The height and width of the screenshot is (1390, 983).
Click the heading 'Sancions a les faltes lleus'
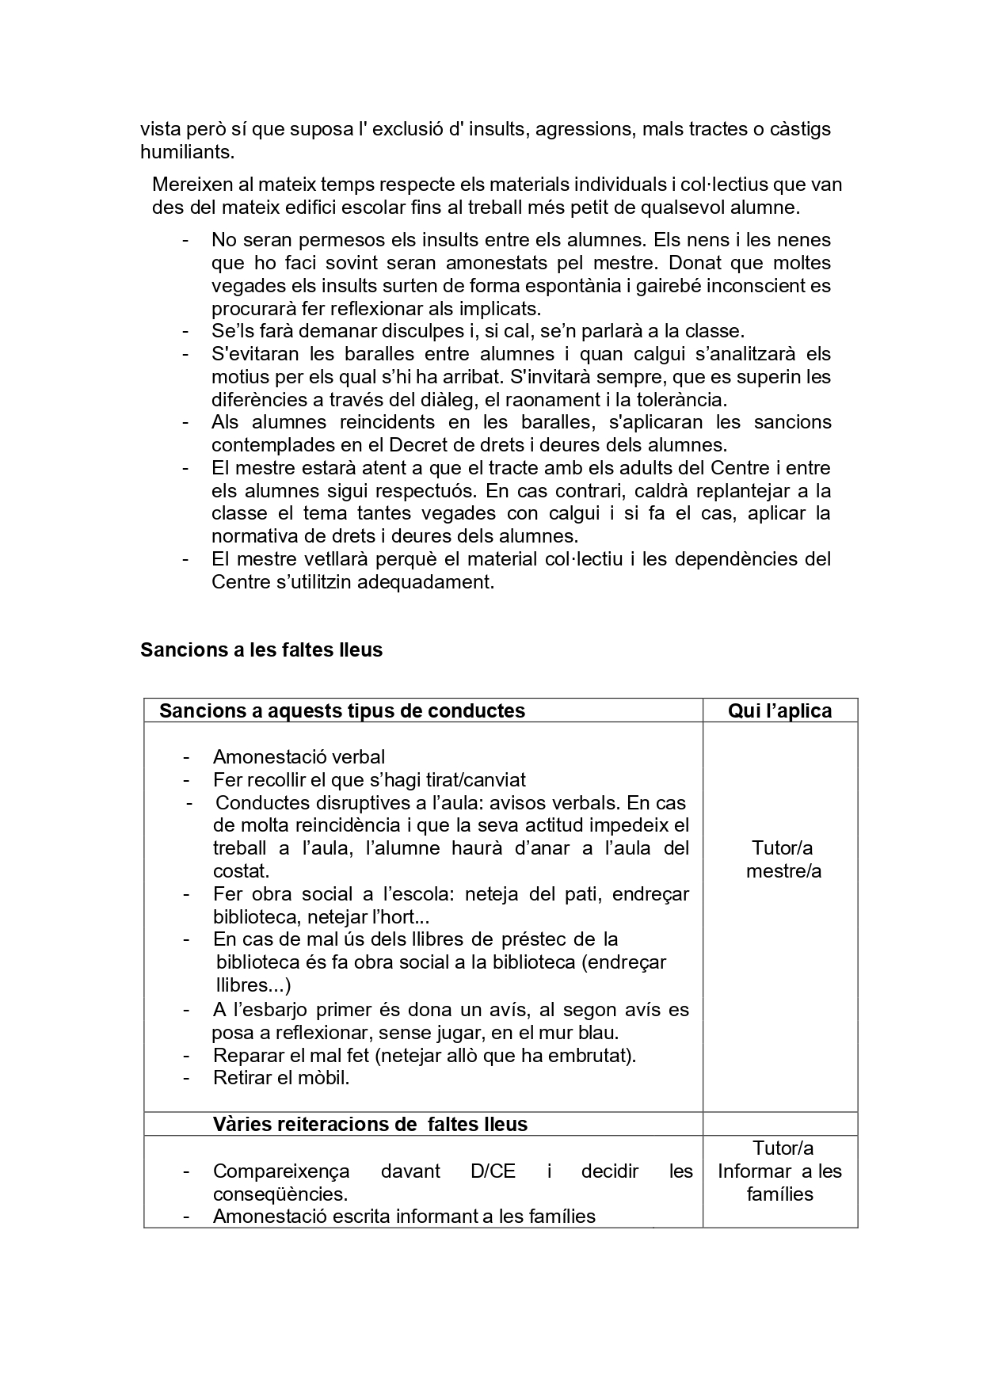pyautogui.click(x=261, y=649)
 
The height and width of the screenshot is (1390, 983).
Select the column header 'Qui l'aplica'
pyautogui.click(x=779, y=710)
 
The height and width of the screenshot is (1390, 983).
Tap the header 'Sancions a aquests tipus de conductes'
pyautogui.click(x=341, y=710)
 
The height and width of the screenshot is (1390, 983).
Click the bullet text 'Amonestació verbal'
pyautogui.click(x=299, y=756)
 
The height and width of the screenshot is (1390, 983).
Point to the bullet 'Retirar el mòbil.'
pyautogui.click(x=281, y=1077)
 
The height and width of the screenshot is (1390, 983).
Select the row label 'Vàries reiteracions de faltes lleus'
pyautogui.click(x=370, y=1123)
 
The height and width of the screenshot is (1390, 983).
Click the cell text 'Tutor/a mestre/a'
pyautogui.click(x=783, y=859)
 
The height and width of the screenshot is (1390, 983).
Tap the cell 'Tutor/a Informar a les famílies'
pyautogui.click(x=779, y=1171)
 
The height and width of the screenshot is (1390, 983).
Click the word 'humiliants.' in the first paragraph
pyautogui.click(x=187, y=151)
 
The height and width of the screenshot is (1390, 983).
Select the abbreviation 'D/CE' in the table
pyautogui.click(x=493, y=1171)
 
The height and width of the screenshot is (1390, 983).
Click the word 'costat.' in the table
pyautogui.click(x=241, y=870)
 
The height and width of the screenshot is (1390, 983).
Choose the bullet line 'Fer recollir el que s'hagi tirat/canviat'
pyautogui.click(x=369, y=779)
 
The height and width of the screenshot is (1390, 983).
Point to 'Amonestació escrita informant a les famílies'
pyautogui.click(x=404, y=1216)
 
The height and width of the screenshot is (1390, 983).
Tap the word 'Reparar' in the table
pyautogui.click(x=244, y=1055)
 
